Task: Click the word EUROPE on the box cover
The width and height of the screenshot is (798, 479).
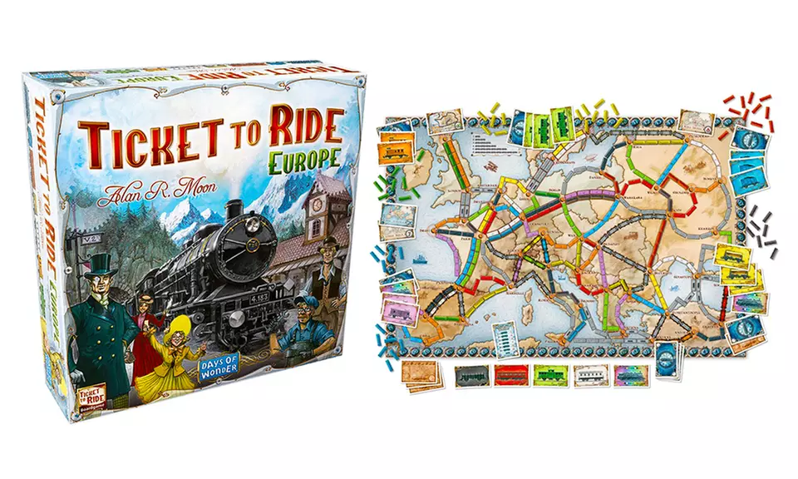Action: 302,158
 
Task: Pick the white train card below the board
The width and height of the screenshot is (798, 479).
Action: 592,375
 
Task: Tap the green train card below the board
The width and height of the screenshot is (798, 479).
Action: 551,375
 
